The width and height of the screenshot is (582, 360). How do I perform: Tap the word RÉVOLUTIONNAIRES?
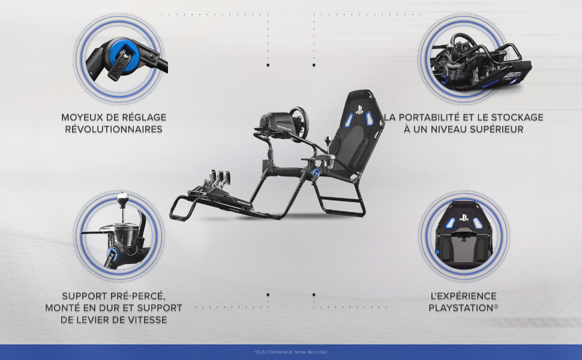pos(113,129)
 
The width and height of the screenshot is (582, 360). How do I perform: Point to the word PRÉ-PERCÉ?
pos(138,296)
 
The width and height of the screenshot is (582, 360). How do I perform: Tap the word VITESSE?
pos(146,320)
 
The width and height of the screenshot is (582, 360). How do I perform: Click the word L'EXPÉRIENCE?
pos(463,296)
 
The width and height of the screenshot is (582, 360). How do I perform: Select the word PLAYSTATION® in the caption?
pos(463,308)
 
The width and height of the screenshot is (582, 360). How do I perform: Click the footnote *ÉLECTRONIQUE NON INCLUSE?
pos(291,352)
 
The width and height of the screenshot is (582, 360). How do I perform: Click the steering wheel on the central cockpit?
pos(299,124)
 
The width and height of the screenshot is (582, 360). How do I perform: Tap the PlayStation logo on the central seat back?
pos(359,110)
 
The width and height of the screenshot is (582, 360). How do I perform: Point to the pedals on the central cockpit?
pos(218,180)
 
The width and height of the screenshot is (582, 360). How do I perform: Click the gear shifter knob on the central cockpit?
pos(328,140)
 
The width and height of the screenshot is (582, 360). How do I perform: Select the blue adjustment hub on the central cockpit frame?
pos(316,173)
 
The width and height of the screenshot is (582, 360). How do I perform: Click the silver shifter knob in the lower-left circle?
pos(122,198)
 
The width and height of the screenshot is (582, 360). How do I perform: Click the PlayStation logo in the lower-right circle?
pos(464,218)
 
